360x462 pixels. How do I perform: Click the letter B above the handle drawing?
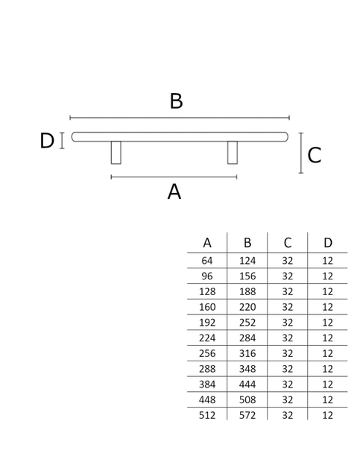click(176, 101)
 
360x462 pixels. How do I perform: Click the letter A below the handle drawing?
click(174, 192)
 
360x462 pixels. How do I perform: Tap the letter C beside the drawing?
click(314, 155)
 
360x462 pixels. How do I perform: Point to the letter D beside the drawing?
click(47, 141)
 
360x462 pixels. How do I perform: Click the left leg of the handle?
click(116, 152)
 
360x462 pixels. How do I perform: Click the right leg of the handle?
click(233, 152)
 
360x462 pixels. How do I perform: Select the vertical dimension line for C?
click(301, 153)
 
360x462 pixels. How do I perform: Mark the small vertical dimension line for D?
click(62, 141)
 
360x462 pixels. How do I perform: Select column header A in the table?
click(207, 243)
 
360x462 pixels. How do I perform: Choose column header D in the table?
click(328, 243)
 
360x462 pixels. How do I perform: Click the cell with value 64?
click(207, 261)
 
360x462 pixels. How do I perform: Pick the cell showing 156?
click(247, 276)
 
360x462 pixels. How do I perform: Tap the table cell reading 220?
click(247, 307)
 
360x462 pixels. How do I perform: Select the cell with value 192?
click(207, 323)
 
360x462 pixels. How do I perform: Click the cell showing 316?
click(247, 353)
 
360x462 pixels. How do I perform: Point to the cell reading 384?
click(207, 385)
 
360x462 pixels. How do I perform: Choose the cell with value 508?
click(247, 399)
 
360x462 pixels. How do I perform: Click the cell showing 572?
click(247, 415)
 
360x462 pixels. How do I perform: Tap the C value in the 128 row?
click(288, 291)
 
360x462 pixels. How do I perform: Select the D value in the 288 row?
click(328, 369)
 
